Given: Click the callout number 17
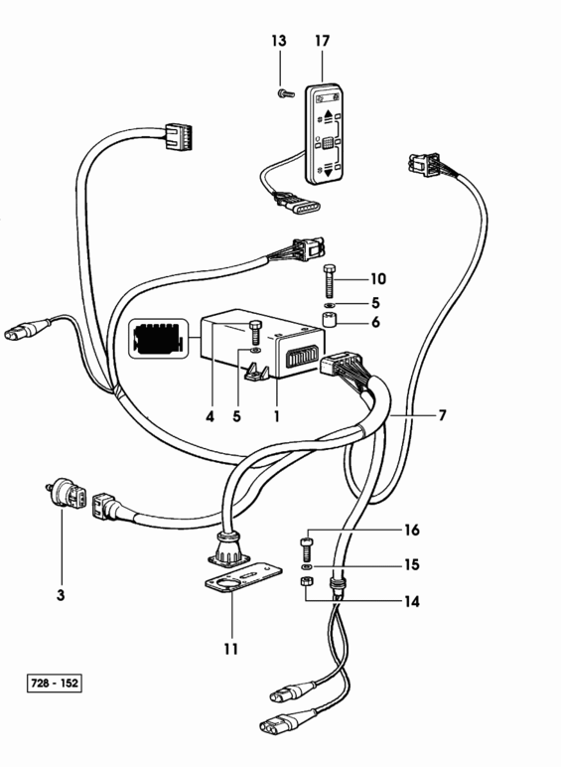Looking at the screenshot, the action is [323, 41].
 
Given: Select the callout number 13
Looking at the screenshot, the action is [279, 41].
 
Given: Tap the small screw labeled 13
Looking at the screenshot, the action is [285, 92].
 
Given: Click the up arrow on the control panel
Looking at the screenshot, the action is [328, 116].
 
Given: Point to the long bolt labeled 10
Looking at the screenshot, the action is [330, 280].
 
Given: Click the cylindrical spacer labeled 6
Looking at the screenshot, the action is [330, 321].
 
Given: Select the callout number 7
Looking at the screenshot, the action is [442, 415].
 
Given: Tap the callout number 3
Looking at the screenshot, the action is [61, 595].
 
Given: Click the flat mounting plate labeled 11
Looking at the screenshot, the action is [243, 578].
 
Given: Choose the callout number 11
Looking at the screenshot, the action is [231, 649].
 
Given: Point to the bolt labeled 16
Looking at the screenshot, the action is [306, 548].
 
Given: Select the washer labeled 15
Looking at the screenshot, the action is [307, 566].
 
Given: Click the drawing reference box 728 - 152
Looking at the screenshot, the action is [55, 683].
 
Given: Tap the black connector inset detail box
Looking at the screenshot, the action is [158, 339].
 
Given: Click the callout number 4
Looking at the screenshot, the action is [210, 416].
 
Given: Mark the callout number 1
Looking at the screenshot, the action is [277, 416].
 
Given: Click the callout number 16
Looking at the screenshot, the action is [412, 530].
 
